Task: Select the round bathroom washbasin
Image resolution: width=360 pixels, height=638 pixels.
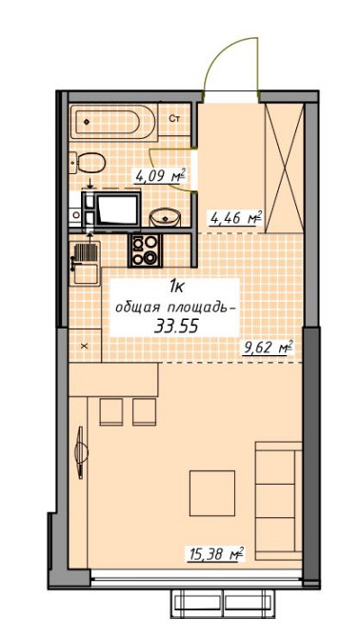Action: pyautogui.click(x=169, y=216)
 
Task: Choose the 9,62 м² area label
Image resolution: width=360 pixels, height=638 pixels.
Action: pyautogui.click(x=266, y=349)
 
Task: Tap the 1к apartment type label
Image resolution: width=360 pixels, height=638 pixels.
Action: pyautogui.click(x=178, y=286)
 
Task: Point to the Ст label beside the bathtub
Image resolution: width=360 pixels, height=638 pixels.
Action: pyautogui.click(x=175, y=118)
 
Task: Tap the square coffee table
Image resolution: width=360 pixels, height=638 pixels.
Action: pyautogui.click(x=211, y=492)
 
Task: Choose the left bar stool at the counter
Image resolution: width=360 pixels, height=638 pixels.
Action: pyautogui.click(x=111, y=411)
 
